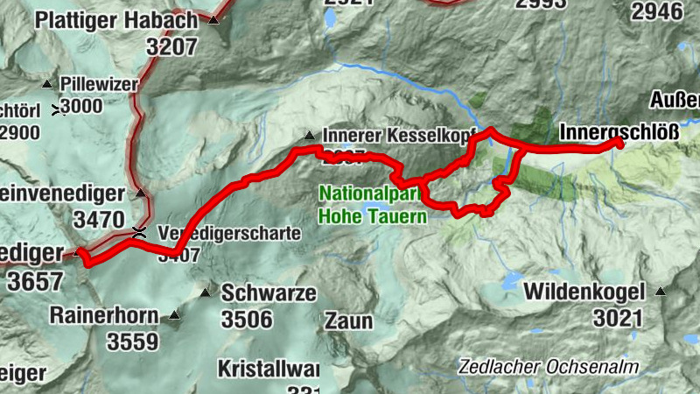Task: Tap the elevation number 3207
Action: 172,47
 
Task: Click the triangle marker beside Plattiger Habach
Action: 213,19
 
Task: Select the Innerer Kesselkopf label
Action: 398,136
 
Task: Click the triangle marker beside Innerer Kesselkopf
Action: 309,136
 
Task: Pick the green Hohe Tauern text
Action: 373,213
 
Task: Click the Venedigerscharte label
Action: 229,234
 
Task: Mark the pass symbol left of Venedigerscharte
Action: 137,232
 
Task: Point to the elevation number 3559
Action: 133,341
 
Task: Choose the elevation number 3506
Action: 247,319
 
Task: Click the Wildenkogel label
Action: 584,291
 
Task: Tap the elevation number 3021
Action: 605,315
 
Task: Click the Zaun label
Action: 348,320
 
